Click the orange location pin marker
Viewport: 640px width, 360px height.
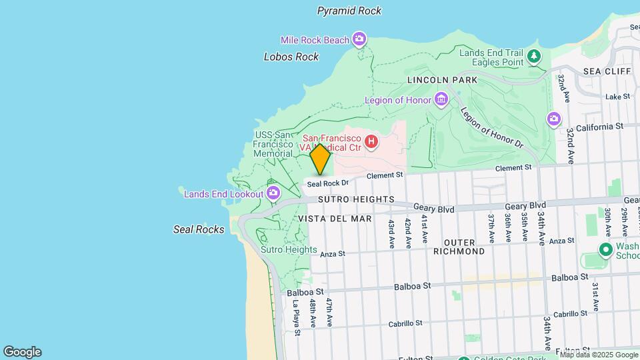[x=321, y=159]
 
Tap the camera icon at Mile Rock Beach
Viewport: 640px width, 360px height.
[x=359, y=39]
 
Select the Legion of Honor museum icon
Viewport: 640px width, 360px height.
[x=441, y=100]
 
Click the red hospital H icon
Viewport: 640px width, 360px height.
[x=371, y=141]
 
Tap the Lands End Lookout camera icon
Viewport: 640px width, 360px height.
[x=273, y=193]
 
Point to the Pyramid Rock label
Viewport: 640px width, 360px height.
[x=349, y=11]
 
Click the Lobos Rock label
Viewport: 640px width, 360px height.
[x=291, y=57]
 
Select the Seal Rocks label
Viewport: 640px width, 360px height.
[x=199, y=229]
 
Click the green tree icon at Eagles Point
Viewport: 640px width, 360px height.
[x=533, y=56]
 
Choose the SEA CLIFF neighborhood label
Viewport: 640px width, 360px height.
[x=606, y=71]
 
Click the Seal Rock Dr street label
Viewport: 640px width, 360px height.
[x=327, y=183]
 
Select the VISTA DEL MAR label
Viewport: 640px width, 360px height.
[x=335, y=218]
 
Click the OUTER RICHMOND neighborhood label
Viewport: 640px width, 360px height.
[x=459, y=247]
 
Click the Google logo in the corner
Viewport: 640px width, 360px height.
[x=22, y=352]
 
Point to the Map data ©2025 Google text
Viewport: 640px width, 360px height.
[x=599, y=355]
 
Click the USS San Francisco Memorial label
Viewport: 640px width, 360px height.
[x=273, y=144]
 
